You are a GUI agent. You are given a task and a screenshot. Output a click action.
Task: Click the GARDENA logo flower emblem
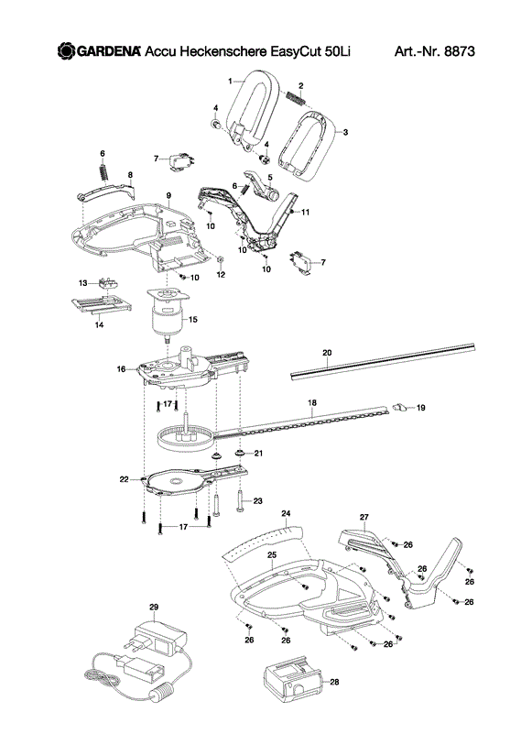point(67,50)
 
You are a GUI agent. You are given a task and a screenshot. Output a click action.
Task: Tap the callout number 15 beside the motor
point(192,319)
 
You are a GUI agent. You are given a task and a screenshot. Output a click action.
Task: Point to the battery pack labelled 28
point(292,679)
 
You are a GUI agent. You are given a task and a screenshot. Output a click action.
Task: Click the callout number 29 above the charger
point(154,607)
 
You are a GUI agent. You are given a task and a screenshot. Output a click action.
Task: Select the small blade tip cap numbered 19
point(399,407)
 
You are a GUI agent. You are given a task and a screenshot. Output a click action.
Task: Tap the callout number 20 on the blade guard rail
point(327,353)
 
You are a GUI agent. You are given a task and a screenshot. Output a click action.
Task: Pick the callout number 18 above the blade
point(312,402)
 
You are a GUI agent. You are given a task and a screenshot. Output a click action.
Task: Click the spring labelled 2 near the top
point(295,98)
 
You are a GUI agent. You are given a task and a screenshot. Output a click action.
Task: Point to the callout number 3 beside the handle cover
point(345,132)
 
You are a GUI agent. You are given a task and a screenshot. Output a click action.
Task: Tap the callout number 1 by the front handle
point(230,82)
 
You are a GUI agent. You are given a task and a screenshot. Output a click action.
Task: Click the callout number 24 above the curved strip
point(286,513)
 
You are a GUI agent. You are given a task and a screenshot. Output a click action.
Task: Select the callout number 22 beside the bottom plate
point(124,479)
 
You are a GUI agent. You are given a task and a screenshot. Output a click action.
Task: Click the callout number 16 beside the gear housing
point(121,368)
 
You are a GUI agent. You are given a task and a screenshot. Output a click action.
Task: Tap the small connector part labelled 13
point(108,285)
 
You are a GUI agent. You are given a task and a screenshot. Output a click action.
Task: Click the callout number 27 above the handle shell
point(364,517)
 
